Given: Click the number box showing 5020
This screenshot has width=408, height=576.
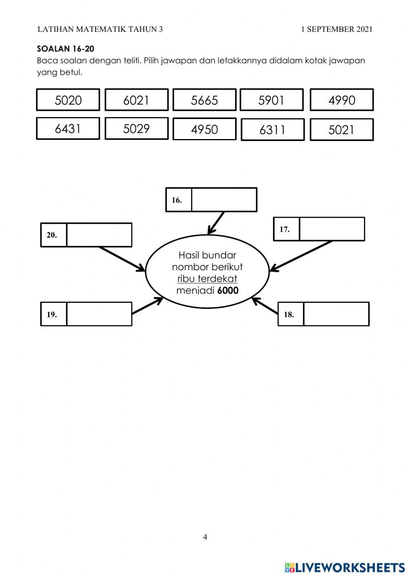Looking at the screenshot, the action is point(68,100).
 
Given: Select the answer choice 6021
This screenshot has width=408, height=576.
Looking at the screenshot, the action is point(136,100).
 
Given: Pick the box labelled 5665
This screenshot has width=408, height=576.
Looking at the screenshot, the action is point(204,100).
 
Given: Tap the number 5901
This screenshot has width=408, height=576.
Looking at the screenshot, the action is point(272,100).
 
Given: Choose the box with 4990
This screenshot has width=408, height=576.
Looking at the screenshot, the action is point(341,100).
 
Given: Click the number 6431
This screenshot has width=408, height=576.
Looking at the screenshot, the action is point(68,128).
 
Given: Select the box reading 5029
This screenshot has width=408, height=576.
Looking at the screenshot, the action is point(136,128).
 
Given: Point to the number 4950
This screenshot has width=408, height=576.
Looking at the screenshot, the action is point(204,129).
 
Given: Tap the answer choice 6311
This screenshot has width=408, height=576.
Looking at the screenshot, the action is point(273,130).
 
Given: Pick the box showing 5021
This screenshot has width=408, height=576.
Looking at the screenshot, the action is point(341,130).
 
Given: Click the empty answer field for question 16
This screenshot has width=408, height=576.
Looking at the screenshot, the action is point(224,200).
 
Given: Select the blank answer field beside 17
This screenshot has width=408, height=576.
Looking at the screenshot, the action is point(332,229).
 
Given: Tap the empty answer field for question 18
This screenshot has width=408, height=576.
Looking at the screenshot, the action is point(337,314).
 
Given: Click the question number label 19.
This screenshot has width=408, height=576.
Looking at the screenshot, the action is point(52,314).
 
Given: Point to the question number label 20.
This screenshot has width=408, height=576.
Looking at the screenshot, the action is point(52,235).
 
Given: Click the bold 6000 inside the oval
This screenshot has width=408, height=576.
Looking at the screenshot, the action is point(228,291).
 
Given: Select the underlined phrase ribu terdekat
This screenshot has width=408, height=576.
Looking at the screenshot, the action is point(207,279).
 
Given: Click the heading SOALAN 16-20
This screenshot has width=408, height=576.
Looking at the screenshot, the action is point(65,49).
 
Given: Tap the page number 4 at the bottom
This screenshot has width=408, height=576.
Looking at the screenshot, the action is point(205,537).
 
